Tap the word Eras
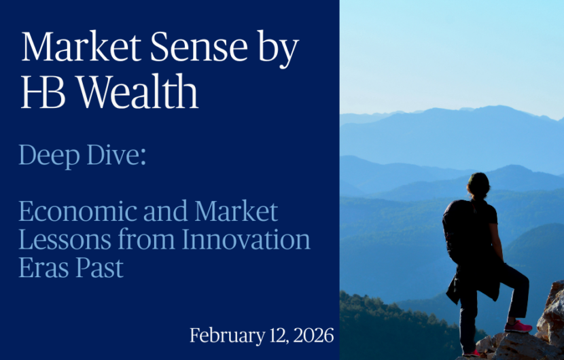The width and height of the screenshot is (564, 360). click(42, 268)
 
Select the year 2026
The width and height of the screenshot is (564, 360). click(312, 336)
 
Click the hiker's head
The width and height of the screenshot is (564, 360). click(478, 184)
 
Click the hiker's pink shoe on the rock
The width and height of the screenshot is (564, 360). click(518, 327)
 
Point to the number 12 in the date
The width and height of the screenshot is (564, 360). click(272, 336)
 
